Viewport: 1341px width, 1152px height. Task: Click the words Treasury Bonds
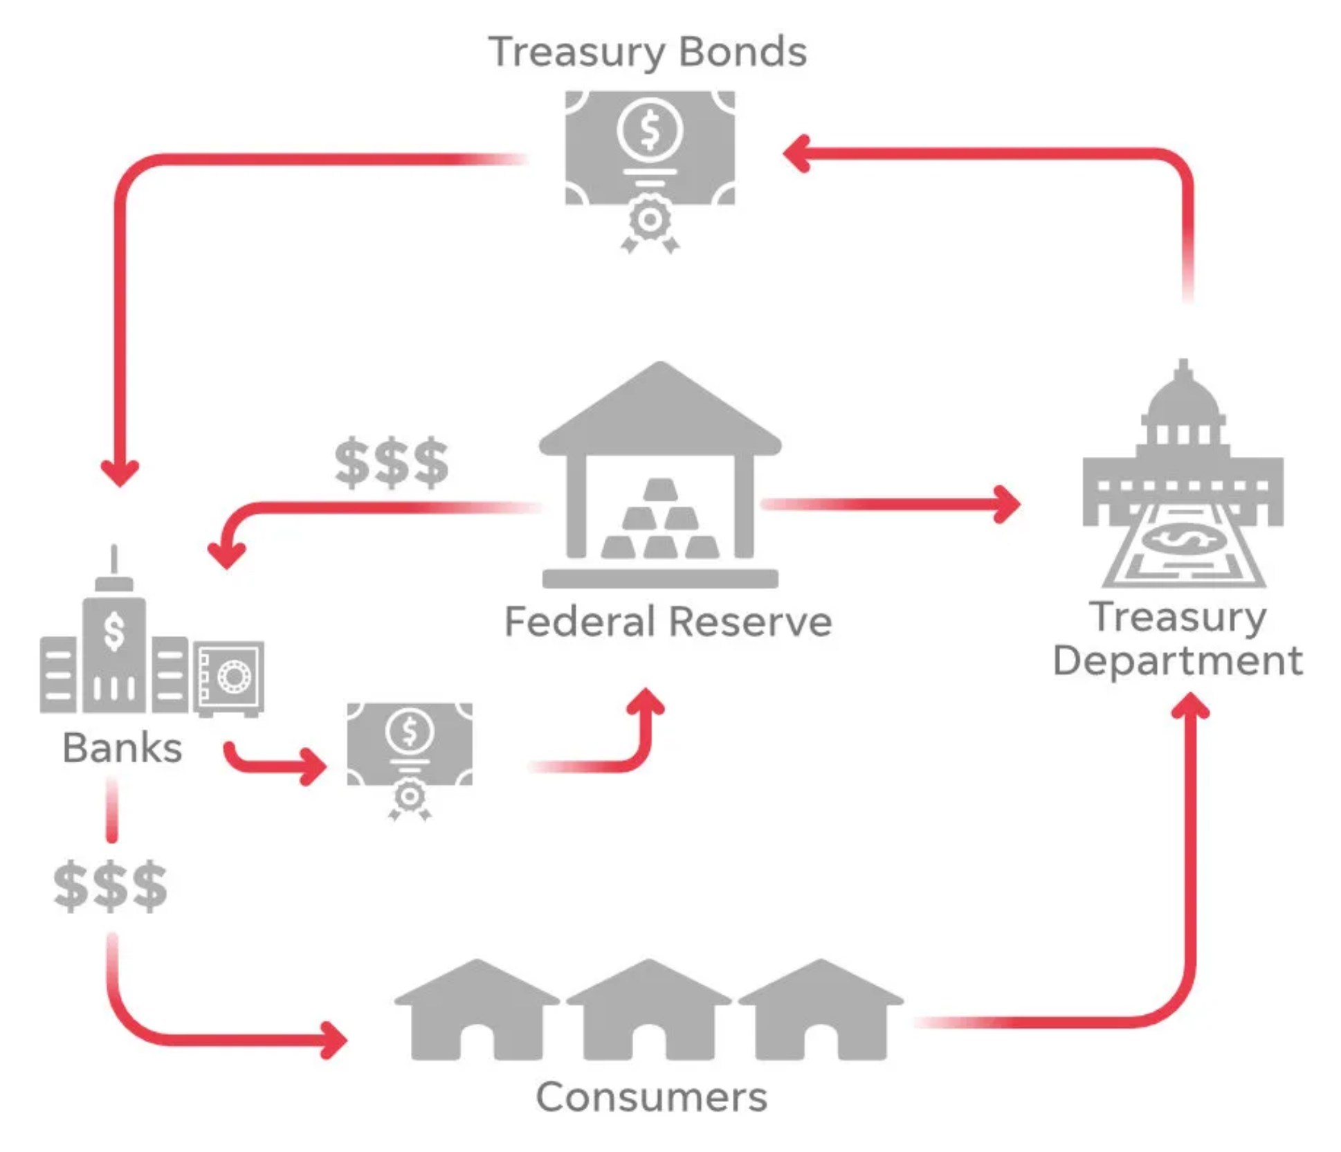[647, 53]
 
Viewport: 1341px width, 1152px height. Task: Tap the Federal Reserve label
[668, 621]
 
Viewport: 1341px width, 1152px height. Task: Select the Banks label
[122, 748]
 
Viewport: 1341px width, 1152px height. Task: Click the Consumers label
[651, 1097]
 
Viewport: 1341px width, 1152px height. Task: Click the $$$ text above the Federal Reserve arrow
[392, 462]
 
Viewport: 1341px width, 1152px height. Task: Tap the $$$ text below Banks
[111, 886]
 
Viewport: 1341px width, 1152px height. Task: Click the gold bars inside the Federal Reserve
[660, 519]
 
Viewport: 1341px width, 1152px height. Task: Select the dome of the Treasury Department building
[1183, 391]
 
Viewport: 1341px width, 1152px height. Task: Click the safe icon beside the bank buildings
[228, 678]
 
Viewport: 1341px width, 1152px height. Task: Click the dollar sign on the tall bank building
[114, 631]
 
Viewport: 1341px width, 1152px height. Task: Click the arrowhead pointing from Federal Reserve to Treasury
[1007, 504]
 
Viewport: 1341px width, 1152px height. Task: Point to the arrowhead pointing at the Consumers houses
[334, 1040]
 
